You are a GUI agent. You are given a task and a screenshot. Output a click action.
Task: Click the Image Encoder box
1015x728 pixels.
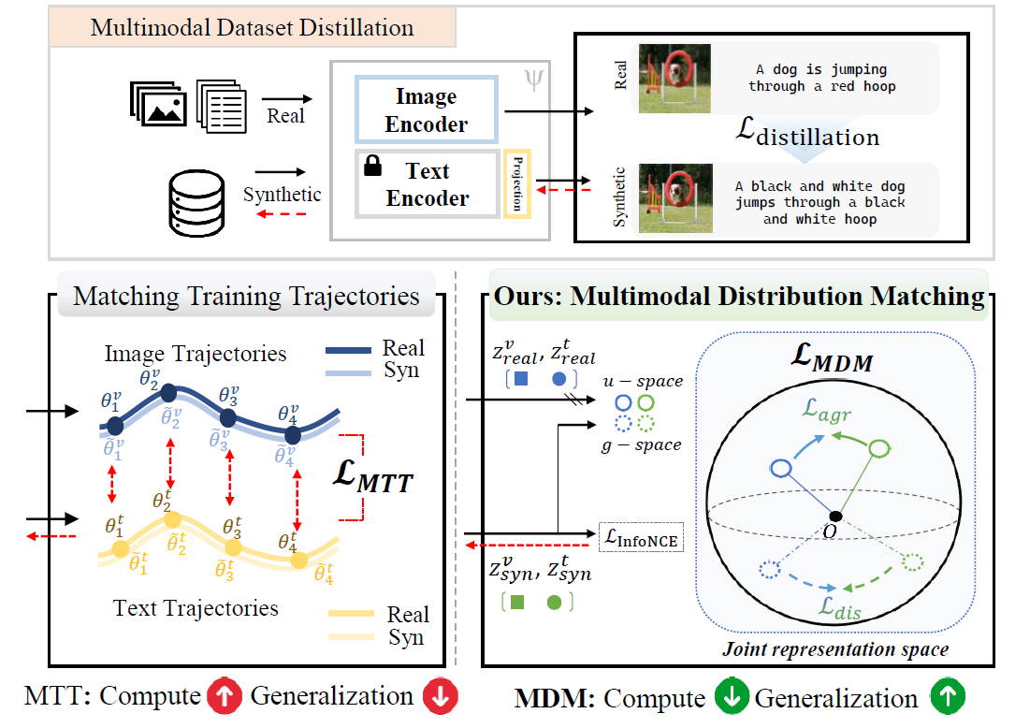click(426, 110)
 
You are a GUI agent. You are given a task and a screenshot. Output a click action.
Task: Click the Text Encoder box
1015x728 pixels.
click(427, 184)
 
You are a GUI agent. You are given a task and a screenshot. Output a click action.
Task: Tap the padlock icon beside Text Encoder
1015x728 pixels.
click(372, 167)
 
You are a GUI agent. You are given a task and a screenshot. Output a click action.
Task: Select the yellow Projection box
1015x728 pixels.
click(517, 182)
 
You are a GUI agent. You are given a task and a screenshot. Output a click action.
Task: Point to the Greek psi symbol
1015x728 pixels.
click(531, 80)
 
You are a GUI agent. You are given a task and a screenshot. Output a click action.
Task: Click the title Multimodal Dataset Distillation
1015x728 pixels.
click(254, 26)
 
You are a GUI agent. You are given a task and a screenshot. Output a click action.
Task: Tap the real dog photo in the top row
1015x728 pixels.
click(675, 79)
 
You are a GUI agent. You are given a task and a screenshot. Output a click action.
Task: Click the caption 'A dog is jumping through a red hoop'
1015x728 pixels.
click(821, 78)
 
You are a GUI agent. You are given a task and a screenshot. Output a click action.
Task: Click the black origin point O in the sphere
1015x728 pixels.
click(834, 517)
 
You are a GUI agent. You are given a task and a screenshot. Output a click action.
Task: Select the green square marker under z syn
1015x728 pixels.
click(516, 604)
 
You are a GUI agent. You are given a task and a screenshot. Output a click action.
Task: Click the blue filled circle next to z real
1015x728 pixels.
click(558, 380)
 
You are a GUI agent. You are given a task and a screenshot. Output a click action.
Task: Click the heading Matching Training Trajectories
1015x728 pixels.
click(246, 297)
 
